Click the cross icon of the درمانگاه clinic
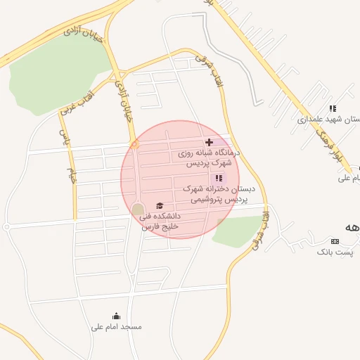point(209,143)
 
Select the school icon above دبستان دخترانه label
point(218,179)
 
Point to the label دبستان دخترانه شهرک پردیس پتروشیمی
point(219,194)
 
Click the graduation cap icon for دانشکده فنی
point(160,205)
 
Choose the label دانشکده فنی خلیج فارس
point(162,221)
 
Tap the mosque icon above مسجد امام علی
point(116,316)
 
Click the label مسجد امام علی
point(117,327)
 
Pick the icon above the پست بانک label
point(334,241)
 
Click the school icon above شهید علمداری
point(333,108)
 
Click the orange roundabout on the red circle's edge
point(134,145)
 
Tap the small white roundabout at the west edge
point(6,226)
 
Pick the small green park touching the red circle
point(238,231)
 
